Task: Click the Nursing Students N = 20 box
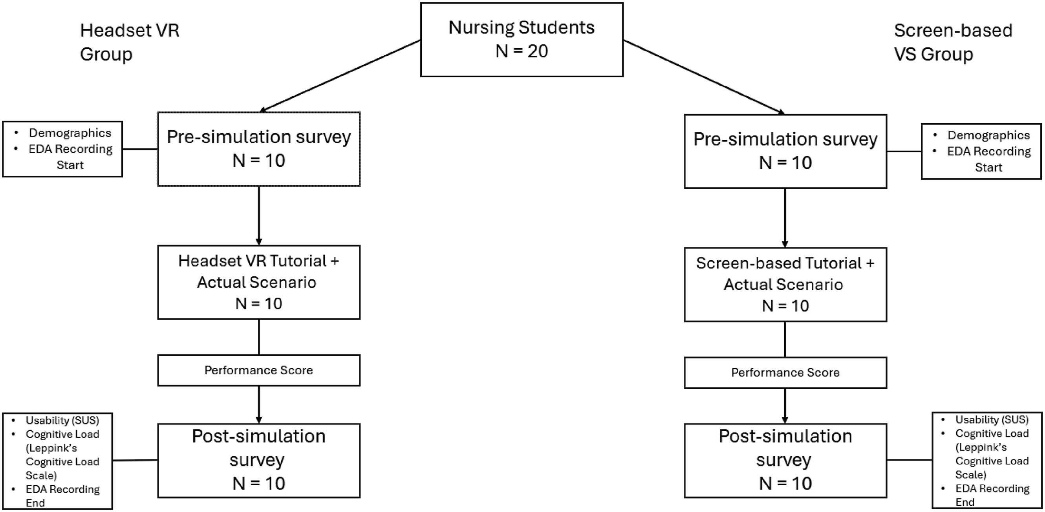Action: pyautogui.click(x=522, y=40)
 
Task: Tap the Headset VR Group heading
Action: pyautogui.click(x=130, y=42)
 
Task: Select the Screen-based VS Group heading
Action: pyautogui.click(x=953, y=42)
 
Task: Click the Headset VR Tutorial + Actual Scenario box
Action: pyautogui.click(x=259, y=282)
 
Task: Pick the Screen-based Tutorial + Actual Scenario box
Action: pyautogui.click(x=785, y=285)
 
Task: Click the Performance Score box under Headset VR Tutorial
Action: pyautogui.click(x=259, y=370)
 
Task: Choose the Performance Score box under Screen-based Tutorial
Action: pyautogui.click(x=785, y=373)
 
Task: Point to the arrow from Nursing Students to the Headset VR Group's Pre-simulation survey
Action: pyautogui.click(x=340, y=76)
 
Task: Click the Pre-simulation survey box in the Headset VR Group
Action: pyautogui.click(x=259, y=149)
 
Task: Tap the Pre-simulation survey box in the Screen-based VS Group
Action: pyautogui.click(x=785, y=151)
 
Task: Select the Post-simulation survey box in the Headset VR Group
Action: pyautogui.click(x=259, y=461)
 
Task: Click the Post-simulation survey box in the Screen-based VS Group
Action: pyautogui.click(x=785, y=461)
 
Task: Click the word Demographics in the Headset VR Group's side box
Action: pyautogui.click(x=70, y=133)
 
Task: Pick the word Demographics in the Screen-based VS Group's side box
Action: pyautogui.click(x=988, y=135)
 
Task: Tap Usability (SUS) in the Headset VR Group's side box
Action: pyautogui.click(x=62, y=420)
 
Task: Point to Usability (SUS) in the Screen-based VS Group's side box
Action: pyautogui.click(x=992, y=419)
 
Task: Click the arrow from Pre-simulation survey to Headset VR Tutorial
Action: pyautogui.click(x=259, y=216)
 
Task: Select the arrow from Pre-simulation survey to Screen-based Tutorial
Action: pyautogui.click(x=785, y=218)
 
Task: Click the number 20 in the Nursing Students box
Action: pyautogui.click(x=538, y=51)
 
